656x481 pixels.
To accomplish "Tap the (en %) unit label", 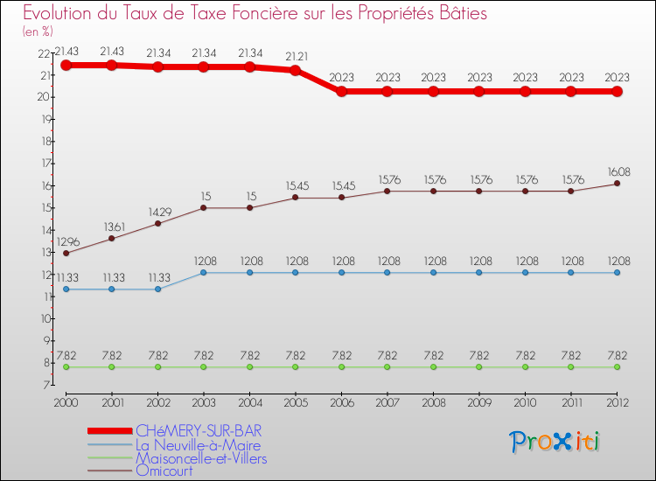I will [x=38, y=31].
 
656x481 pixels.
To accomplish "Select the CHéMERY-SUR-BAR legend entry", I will [x=198, y=431].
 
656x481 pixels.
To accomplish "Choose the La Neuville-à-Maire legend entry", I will [x=198, y=445].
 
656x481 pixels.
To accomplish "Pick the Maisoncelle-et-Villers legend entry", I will [x=201, y=458].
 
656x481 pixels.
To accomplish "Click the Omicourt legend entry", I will [x=164, y=471].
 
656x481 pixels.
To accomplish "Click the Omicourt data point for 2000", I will [x=66, y=254].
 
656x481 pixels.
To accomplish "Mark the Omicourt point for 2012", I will [x=617, y=184].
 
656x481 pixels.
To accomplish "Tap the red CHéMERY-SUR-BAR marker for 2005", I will [x=295, y=70].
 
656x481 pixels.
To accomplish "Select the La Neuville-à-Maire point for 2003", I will [x=203, y=273].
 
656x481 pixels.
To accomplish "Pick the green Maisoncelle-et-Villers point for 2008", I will [x=433, y=367].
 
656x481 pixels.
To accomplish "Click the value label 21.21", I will [x=295, y=57].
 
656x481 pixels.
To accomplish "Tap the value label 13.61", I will [x=111, y=226].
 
